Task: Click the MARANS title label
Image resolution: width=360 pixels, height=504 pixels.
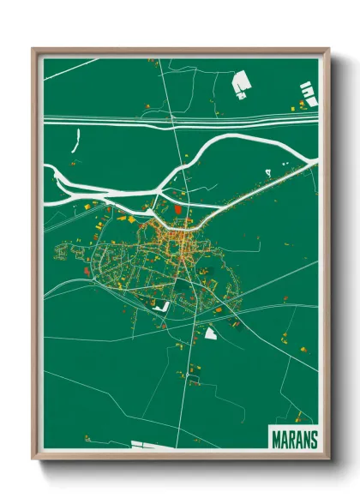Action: point(293,439)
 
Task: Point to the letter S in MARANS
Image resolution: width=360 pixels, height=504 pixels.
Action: point(312,439)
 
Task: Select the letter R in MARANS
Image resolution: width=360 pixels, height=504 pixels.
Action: point(291,439)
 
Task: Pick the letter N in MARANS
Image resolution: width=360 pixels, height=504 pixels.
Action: point(304,439)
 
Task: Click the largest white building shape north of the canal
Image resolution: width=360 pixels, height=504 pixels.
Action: point(242,82)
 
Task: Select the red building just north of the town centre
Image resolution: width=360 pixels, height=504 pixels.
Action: point(177,207)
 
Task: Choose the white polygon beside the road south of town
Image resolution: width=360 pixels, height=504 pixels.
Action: point(210,333)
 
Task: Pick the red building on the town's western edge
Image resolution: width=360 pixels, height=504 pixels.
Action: point(87,272)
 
